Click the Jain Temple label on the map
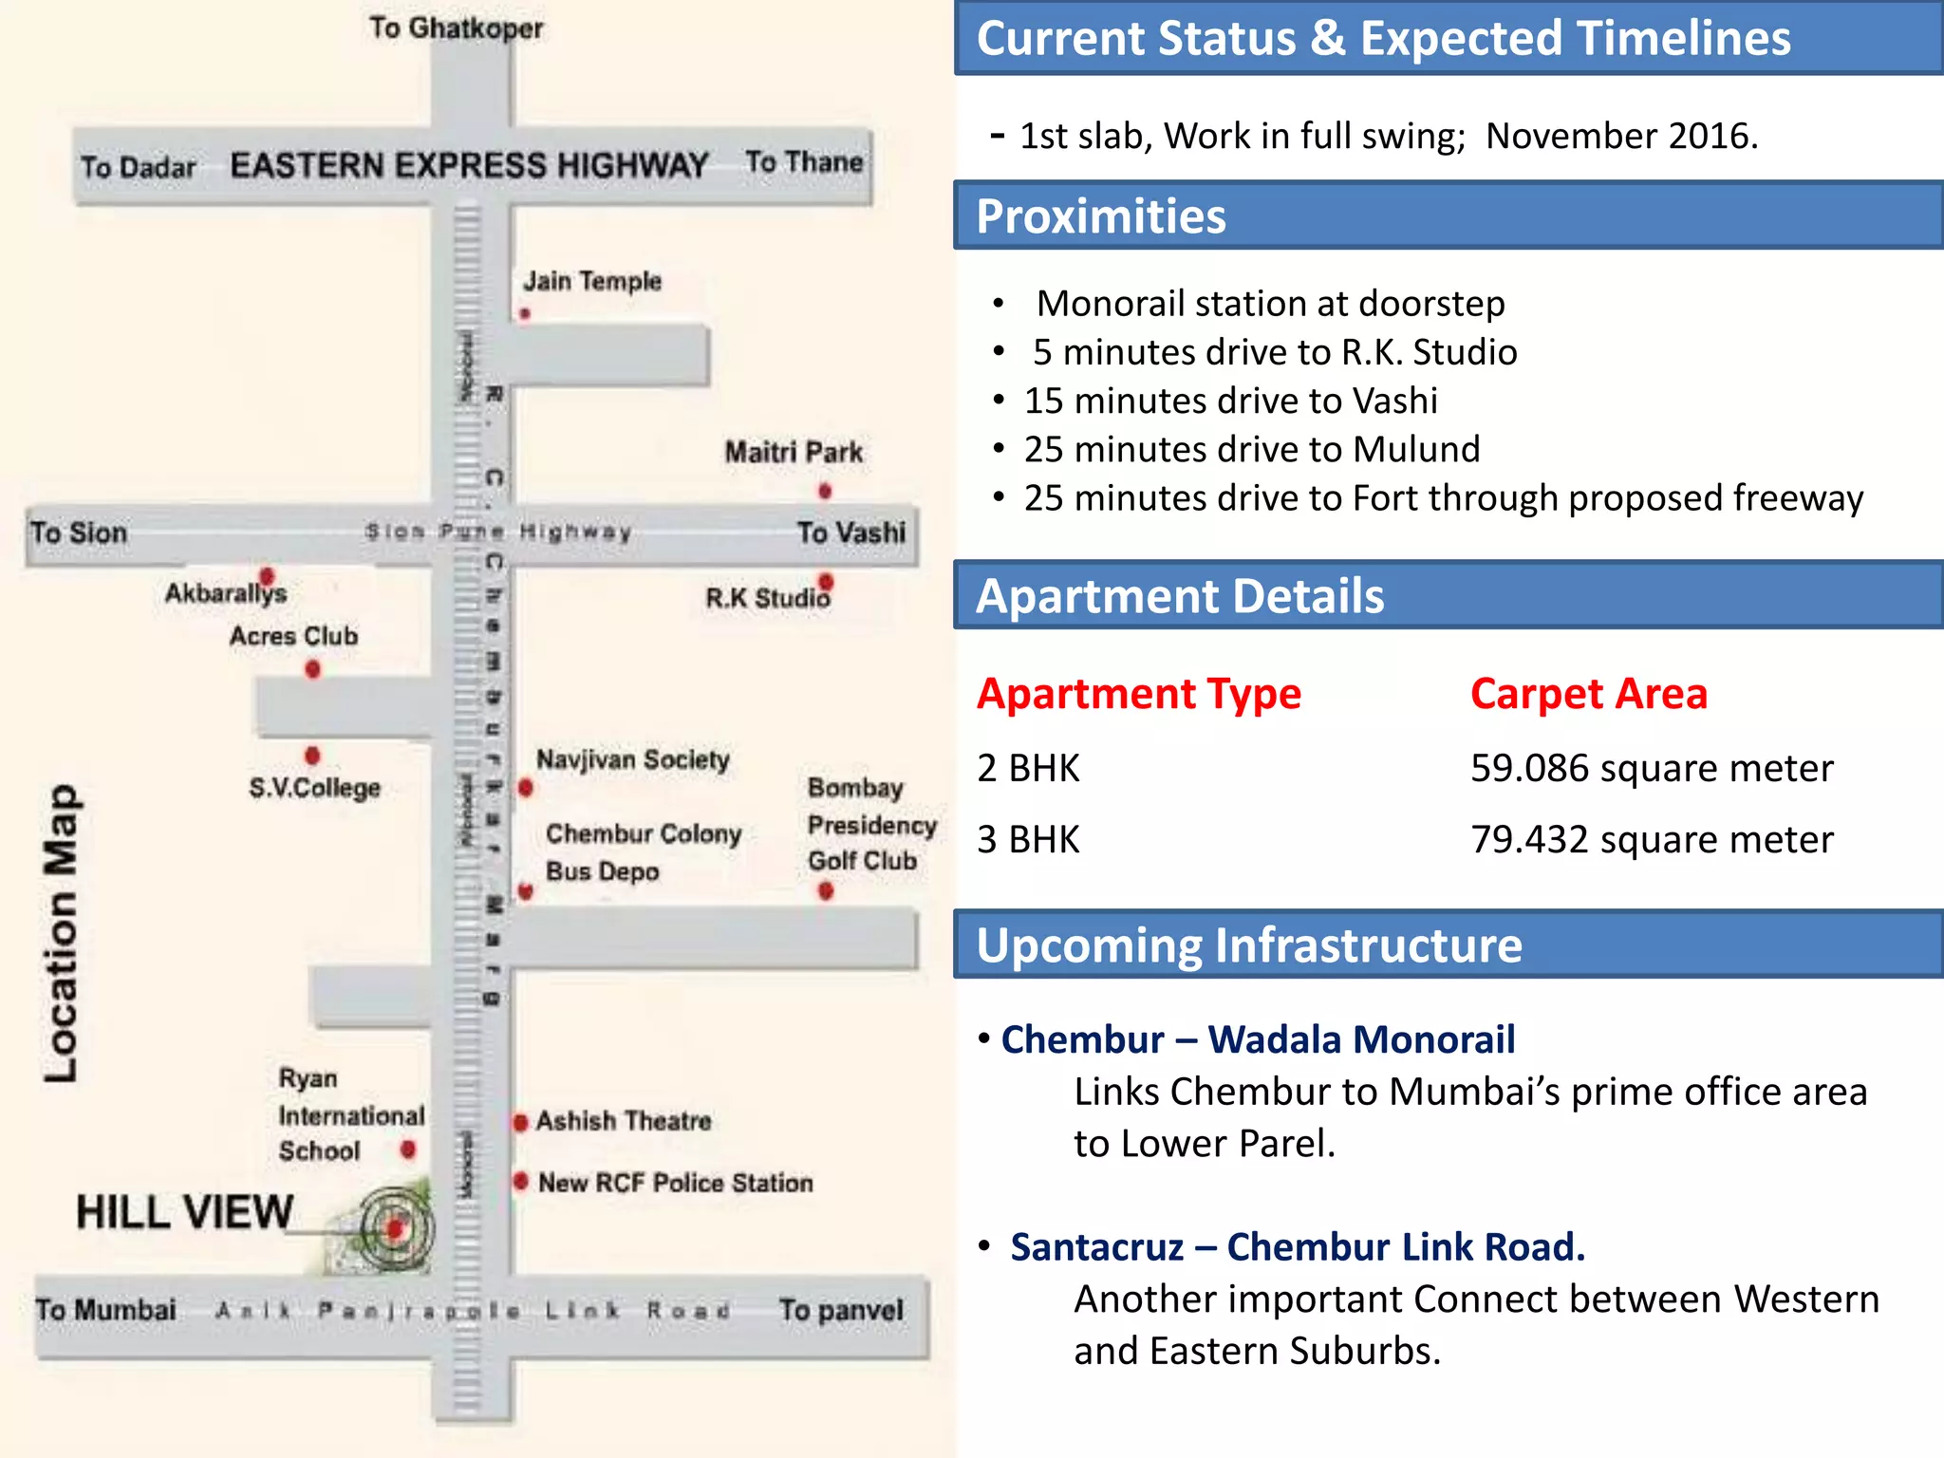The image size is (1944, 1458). tap(592, 281)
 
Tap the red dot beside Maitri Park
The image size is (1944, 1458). tap(825, 491)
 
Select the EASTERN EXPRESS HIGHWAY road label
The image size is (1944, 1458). tap(469, 165)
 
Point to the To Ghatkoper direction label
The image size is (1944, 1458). tap(456, 28)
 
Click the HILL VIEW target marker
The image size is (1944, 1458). tap(396, 1228)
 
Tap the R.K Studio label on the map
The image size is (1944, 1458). tap(767, 598)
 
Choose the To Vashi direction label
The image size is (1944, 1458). tap(850, 533)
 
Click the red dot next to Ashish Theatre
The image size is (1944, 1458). tap(520, 1123)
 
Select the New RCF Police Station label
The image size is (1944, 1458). tap(675, 1183)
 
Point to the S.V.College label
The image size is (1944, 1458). tap(314, 788)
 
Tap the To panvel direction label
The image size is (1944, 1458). tap(840, 1310)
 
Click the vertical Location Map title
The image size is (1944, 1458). tap(62, 932)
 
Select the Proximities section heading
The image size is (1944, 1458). tap(1101, 216)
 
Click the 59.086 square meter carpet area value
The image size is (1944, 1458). tap(1651, 768)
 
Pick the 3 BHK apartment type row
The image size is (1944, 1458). tap(1028, 840)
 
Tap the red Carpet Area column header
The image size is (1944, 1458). tap(1588, 694)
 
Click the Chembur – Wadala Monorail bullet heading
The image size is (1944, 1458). tap(1258, 1039)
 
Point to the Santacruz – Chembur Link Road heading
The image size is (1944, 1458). tap(1297, 1247)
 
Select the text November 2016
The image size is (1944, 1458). tap(1621, 136)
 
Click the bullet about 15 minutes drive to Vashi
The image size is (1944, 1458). tap(1230, 401)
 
